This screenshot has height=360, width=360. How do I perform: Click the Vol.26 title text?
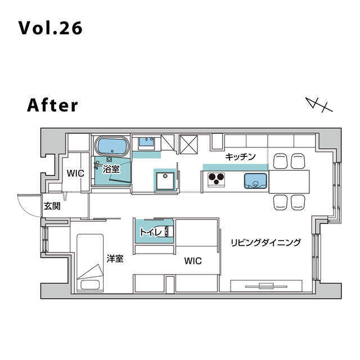[50, 28]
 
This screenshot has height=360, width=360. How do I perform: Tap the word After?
[52, 105]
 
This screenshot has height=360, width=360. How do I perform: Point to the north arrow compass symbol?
[319, 105]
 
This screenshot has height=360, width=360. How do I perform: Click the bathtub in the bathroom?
[112, 146]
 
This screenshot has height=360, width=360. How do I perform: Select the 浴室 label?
[111, 169]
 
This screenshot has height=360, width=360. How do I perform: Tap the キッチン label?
[240, 157]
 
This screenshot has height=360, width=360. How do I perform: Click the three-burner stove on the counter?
[216, 179]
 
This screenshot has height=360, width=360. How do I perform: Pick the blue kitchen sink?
[255, 181]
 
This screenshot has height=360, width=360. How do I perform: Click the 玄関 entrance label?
[52, 206]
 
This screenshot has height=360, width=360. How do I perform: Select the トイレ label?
[150, 232]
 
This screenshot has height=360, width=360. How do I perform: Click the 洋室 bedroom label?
[115, 259]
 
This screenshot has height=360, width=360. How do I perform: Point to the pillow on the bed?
[90, 285]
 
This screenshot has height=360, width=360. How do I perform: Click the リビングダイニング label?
[265, 242]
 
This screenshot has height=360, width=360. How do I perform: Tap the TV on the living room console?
[266, 286]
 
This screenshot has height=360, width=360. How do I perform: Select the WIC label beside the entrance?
[75, 173]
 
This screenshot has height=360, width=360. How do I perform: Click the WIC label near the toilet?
[193, 261]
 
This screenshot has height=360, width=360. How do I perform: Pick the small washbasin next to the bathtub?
[147, 142]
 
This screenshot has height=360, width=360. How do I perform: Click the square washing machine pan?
[165, 181]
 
